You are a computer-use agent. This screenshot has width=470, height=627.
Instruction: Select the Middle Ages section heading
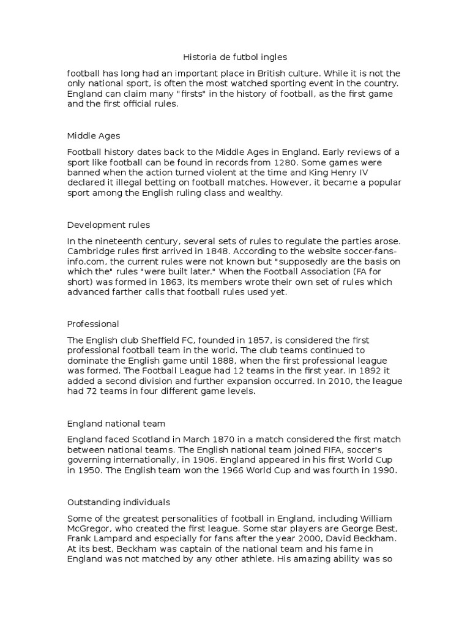pos(94,135)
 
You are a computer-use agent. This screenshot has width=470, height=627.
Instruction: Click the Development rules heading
pos(108,225)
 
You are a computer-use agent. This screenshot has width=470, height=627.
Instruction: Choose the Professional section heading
pos(93,324)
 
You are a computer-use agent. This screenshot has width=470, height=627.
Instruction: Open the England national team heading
pos(116,423)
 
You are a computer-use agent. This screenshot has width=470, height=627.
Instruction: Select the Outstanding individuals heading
pos(119,502)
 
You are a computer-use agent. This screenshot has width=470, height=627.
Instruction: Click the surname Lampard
pos(111,539)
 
